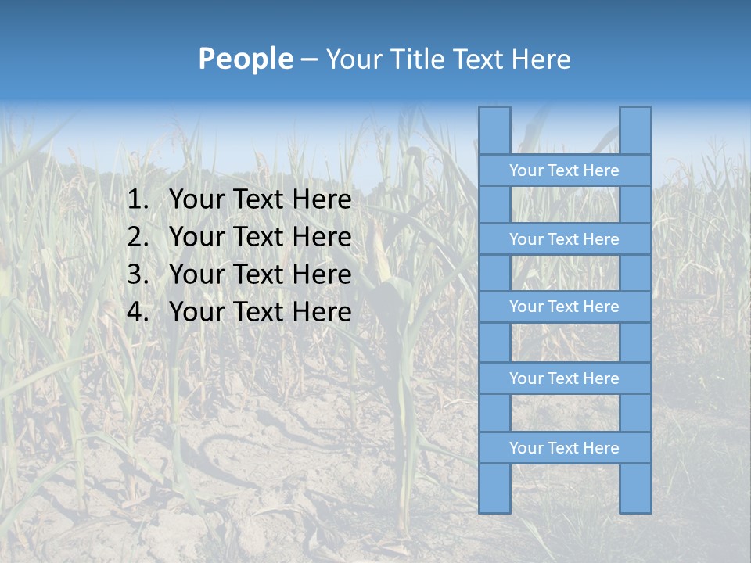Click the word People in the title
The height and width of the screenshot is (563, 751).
point(246,59)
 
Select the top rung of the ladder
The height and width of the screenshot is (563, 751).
point(564,170)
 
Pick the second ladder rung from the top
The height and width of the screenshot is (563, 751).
point(564,239)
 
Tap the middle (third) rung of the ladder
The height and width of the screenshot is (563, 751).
point(564,307)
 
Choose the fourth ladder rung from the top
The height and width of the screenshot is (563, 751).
point(564,378)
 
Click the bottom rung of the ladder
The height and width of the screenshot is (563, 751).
point(564,448)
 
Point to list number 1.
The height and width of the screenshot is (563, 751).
point(137,200)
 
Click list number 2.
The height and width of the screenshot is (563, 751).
point(137,237)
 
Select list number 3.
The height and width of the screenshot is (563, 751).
point(137,274)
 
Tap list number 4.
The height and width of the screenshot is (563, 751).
point(137,312)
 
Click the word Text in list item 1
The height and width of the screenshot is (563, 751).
point(257,200)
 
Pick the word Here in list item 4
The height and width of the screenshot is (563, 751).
point(322,312)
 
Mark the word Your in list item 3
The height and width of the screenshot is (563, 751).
point(196,274)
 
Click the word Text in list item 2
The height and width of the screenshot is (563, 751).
point(257,237)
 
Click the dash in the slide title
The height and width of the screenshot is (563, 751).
point(308,59)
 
